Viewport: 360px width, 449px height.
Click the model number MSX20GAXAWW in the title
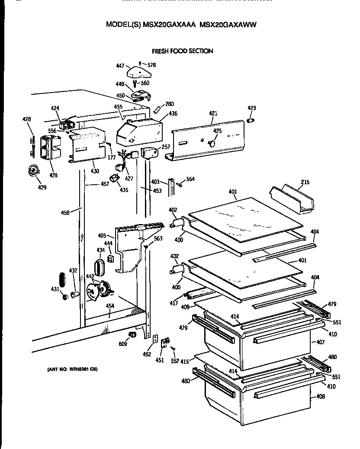click(x=228, y=25)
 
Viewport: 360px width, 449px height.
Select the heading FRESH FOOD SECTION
click(x=182, y=51)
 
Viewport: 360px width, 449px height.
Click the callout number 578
click(x=151, y=65)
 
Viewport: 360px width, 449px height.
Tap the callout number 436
click(x=173, y=113)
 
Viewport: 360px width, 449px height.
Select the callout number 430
click(x=95, y=171)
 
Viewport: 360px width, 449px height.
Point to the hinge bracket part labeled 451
click(x=165, y=343)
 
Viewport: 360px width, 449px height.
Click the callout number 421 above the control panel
click(x=213, y=113)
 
